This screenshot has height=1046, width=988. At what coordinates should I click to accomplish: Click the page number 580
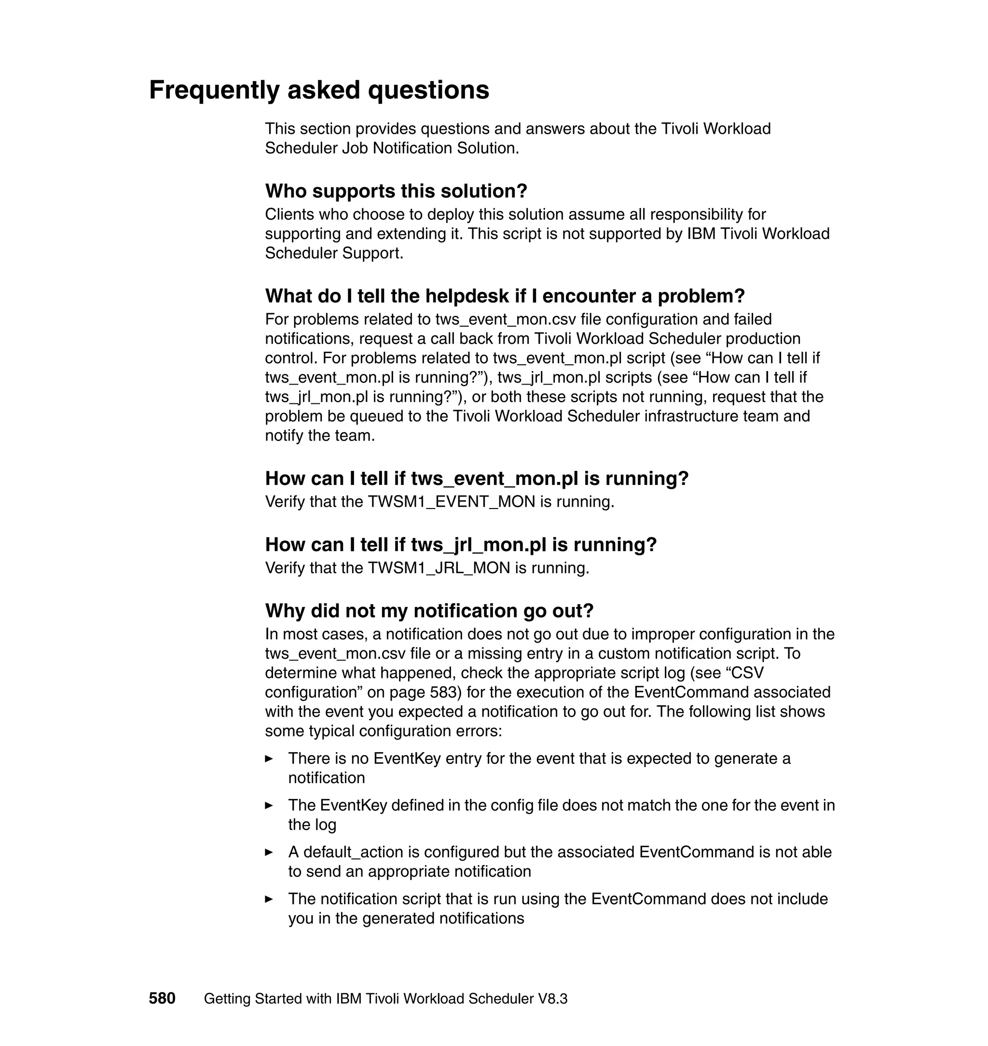(162, 999)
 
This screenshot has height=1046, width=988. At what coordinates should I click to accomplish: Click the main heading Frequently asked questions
(319, 90)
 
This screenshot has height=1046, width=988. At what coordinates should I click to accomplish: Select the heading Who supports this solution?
(396, 191)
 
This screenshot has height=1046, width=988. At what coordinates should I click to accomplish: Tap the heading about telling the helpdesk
(505, 296)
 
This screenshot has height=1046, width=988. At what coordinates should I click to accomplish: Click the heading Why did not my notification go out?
(429, 611)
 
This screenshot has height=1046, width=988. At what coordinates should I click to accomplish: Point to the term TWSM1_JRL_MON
(439, 568)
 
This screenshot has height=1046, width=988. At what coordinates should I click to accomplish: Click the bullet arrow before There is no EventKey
(269, 759)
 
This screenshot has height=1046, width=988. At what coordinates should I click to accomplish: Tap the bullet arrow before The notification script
(269, 899)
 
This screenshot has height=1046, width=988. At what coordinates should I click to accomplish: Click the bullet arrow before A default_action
(269, 852)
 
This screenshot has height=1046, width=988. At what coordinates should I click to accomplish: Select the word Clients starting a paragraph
(289, 214)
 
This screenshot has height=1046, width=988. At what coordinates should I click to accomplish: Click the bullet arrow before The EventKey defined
(269, 805)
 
